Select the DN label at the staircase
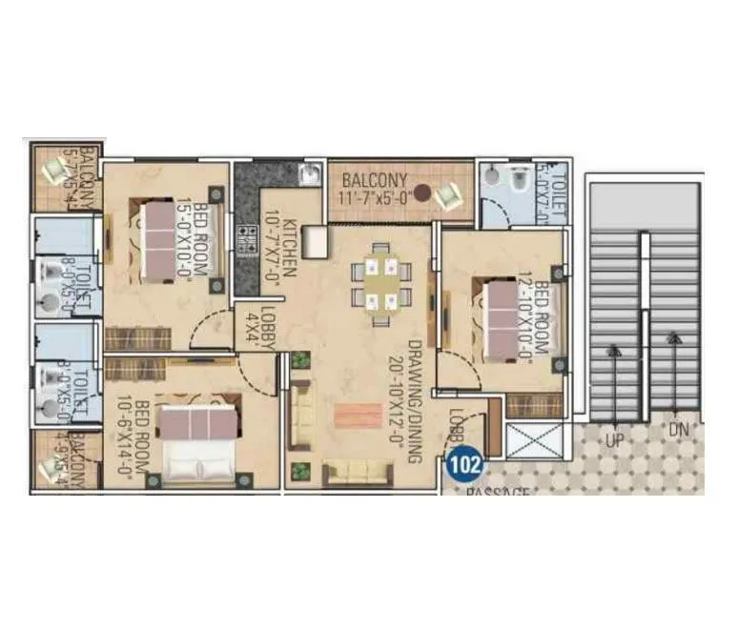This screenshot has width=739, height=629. (x=678, y=430)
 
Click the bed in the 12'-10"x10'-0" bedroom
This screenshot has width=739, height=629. (x=506, y=318)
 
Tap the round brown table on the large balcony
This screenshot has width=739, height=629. (x=421, y=191)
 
